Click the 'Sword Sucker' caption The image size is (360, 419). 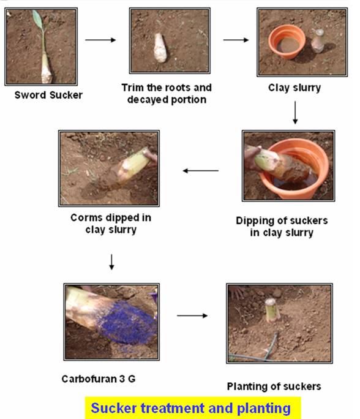pos(48,95)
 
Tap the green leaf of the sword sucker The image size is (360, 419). pos(38,19)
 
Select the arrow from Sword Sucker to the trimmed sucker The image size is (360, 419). pos(100,40)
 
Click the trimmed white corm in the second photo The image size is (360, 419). pos(160,48)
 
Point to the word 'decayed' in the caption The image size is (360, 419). pos(148,100)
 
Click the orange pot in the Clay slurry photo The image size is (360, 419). pos(287,42)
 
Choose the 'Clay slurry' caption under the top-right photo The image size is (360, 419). pos(294,88)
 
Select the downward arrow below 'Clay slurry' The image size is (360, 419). pos(295,113)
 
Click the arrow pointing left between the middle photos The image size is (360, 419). pos(201,170)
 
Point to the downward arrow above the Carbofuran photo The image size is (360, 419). pos(111,262)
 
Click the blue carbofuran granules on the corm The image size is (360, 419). pos(126,323)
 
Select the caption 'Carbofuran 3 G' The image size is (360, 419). pos(99,379)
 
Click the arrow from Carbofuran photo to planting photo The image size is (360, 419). pos(192,315)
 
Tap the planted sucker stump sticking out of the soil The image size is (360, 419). pos(272,310)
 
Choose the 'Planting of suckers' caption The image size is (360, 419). pos(274,387)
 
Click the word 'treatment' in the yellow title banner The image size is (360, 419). pos(173,409)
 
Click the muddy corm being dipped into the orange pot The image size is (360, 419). pos(282,164)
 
